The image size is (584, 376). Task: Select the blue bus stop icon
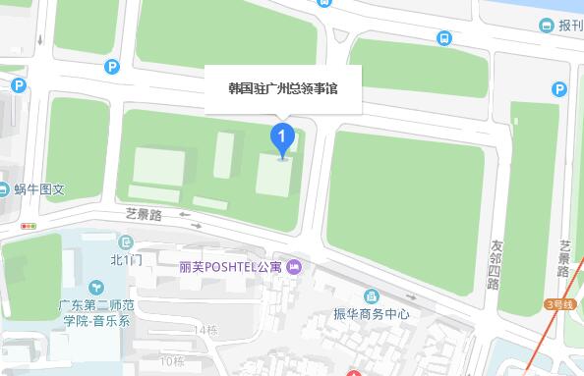(x=444, y=38)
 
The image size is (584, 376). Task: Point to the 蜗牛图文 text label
(x=39, y=189)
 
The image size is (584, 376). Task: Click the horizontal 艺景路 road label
(x=144, y=213)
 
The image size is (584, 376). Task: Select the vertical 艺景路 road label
(x=564, y=258)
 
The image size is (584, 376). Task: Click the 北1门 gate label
(x=127, y=260)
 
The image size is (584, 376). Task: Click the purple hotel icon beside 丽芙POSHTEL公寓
(x=294, y=266)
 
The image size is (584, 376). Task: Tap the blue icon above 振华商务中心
(x=371, y=295)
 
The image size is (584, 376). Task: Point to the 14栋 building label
(x=206, y=330)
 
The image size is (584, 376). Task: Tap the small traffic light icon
(x=29, y=226)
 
